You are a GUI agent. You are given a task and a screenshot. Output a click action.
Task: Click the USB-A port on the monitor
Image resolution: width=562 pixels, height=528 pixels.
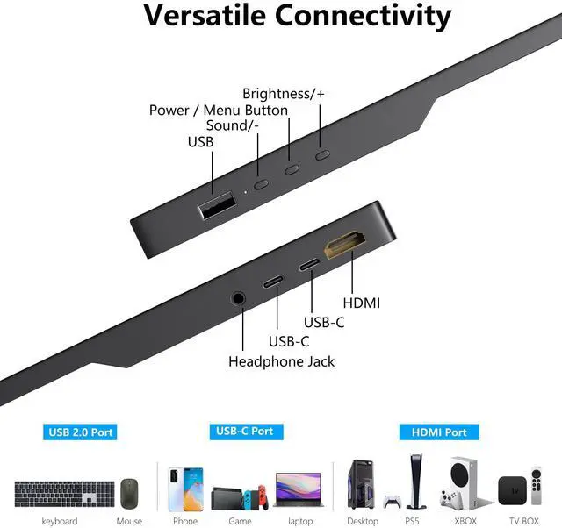tap(217, 208)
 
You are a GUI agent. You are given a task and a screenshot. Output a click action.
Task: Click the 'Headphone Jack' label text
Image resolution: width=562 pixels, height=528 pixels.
tap(281, 360)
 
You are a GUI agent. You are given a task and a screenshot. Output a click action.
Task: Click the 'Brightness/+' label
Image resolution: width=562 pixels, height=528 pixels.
tap(283, 93)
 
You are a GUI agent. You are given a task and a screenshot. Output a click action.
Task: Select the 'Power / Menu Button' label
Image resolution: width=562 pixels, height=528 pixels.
tap(219, 110)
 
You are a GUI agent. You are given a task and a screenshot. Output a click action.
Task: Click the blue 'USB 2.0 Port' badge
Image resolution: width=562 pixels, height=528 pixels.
tap(81, 432)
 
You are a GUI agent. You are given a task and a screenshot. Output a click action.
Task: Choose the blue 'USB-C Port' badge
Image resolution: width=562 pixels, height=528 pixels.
tap(244, 432)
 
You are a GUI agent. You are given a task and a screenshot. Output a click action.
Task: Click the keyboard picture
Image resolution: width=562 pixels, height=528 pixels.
tap(64, 491)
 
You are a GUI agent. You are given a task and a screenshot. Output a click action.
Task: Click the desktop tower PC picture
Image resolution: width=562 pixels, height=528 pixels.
tap(363, 484)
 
